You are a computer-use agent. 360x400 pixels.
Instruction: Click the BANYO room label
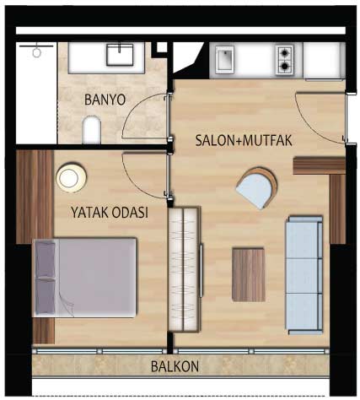coord(105,100)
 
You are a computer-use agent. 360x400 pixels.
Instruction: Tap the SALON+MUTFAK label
coord(244,140)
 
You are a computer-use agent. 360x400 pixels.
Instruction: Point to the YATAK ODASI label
coord(110,213)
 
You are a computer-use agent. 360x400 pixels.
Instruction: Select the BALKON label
coord(175,366)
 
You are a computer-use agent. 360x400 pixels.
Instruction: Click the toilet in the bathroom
coord(92,130)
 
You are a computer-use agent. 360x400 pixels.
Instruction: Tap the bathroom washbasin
coord(120,54)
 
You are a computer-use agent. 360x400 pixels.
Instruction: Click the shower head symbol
coord(36,51)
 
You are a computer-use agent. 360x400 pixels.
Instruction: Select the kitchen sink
coord(224,59)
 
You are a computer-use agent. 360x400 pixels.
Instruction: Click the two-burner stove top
coord(285,60)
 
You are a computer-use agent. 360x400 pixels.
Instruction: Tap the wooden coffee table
coord(249,274)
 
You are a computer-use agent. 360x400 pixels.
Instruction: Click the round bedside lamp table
coord(71,177)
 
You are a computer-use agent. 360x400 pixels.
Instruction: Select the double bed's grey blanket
coord(98,278)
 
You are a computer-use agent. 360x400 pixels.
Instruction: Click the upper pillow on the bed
coord(46,259)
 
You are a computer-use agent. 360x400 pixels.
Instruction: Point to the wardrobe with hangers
coord(184,269)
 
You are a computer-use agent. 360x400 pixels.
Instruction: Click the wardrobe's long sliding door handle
coord(201,271)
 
